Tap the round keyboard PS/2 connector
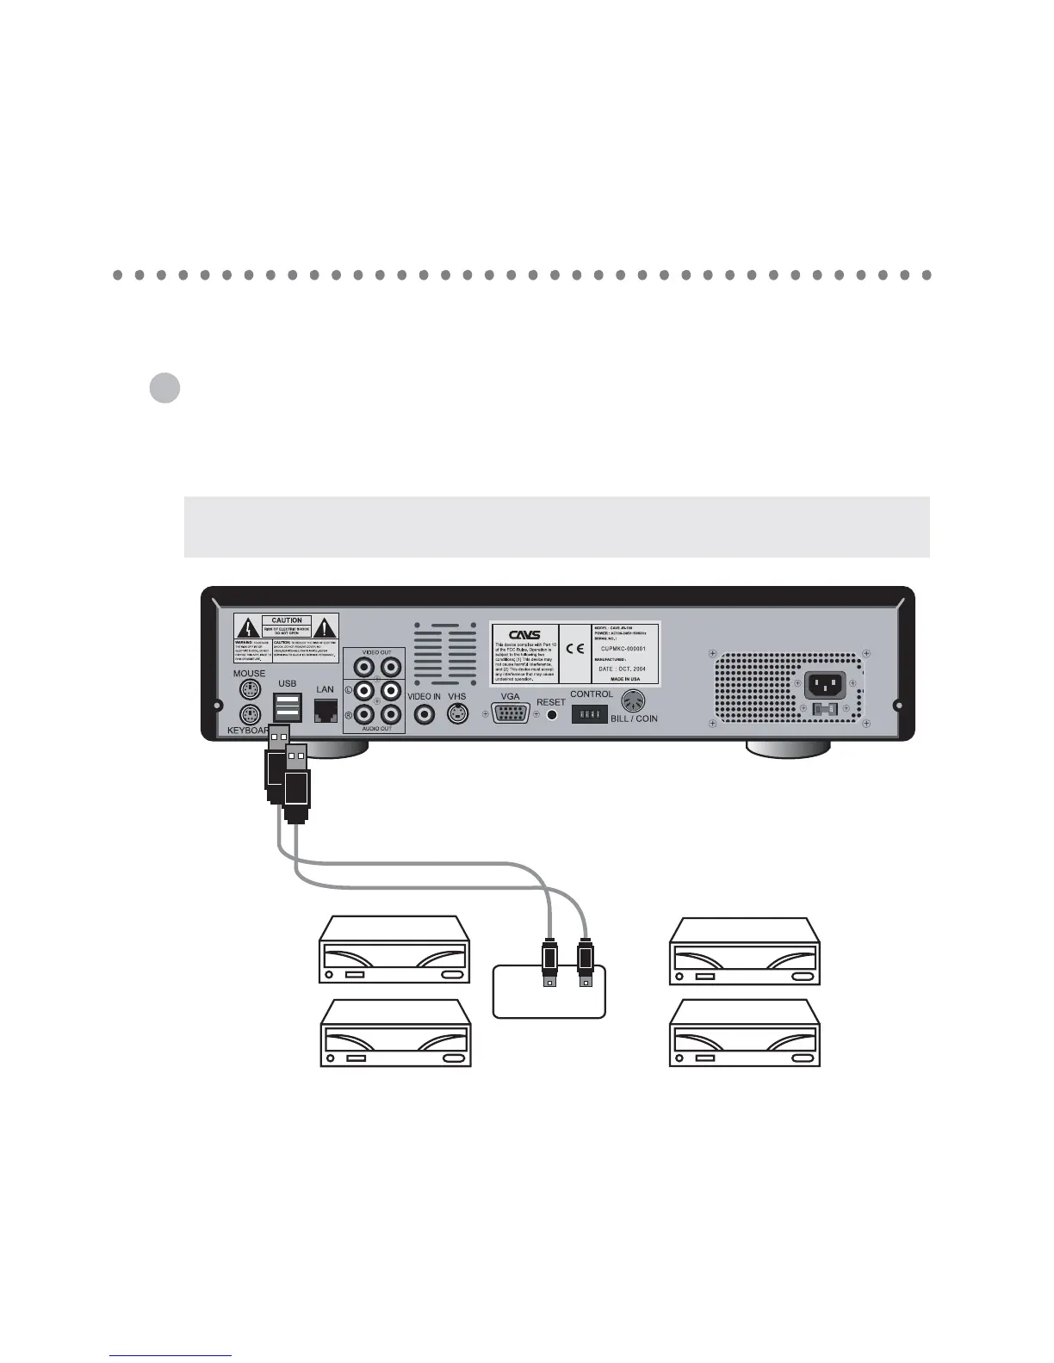tap(250, 715)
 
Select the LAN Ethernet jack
tap(325, 710)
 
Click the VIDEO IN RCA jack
tap(424, 714)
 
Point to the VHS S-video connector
tap(457, 714)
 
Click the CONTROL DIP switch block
tap(590, 714)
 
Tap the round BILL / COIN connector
tap(633, 701)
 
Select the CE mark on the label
tap(574, 649)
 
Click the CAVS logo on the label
tap(524, 635)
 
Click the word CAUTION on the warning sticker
tap(287, 620)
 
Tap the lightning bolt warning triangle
tap(248, 626)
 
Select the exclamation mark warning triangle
tap(325, 626)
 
